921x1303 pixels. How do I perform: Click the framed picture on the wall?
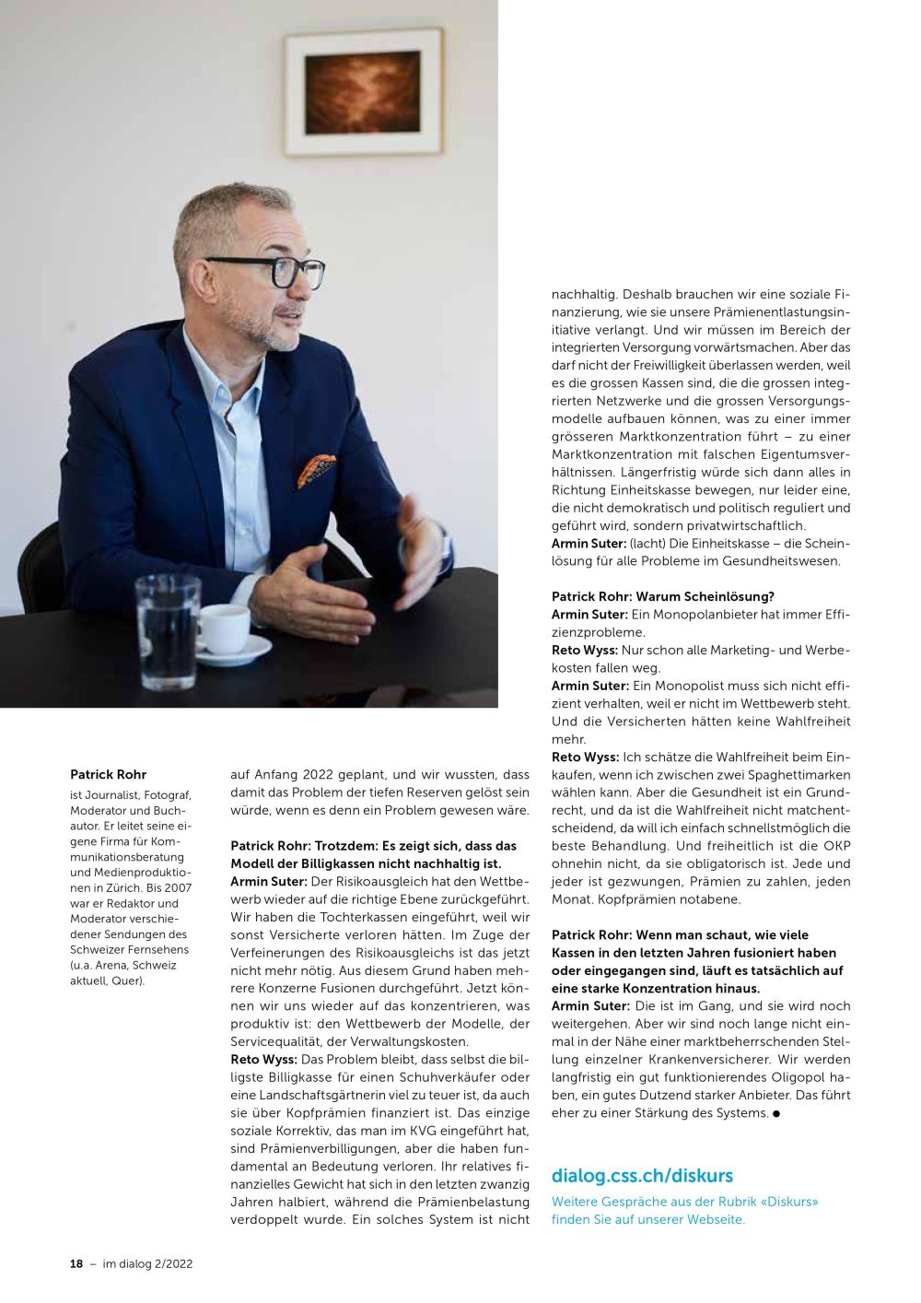click(363, 92)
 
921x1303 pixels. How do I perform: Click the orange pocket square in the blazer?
click(316, 471)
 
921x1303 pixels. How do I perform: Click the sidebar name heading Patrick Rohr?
click(108, 775)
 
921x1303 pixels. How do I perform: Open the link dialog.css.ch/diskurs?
click(642, 1176)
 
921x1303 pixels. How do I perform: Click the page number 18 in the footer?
click(76, 1264)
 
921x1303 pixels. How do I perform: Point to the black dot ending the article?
click(776, 1113)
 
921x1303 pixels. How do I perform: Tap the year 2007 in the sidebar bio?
click(178, 888)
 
